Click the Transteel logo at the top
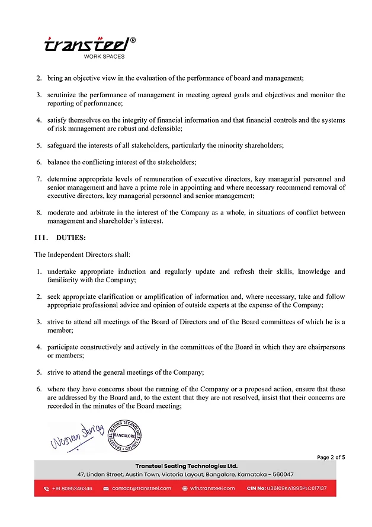89,44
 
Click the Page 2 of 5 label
331,457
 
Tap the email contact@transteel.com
142,488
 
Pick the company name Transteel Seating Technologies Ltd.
186,466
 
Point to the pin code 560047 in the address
282,474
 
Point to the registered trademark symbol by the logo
133,40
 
